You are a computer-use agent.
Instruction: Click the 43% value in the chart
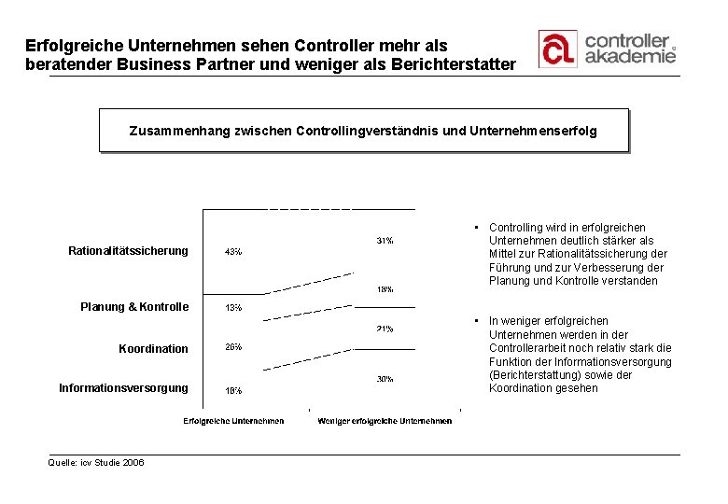pos(233,252)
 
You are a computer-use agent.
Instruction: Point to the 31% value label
pos(385,241)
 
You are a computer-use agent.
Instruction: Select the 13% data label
pos(233,307)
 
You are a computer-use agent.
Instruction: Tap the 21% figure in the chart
pos(385,329)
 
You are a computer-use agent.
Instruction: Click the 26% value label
pos(233,347)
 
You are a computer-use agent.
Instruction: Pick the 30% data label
pos(385,379)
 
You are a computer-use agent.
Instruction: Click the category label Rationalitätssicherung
pos(128,250)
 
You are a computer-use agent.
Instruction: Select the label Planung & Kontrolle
pos(134,307)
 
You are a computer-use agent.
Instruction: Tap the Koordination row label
pos(153,349)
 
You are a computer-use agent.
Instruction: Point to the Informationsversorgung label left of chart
pos(123,387)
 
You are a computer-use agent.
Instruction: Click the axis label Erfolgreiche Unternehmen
pos(233,421)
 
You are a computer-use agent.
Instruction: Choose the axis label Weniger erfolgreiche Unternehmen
pos(385,421)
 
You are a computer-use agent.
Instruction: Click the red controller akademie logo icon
pos(557,49)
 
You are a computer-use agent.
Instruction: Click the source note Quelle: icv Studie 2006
pos(96,462)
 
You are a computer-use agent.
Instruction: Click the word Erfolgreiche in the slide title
pos(71,45)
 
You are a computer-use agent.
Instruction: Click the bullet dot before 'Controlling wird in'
pos(476,227)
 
